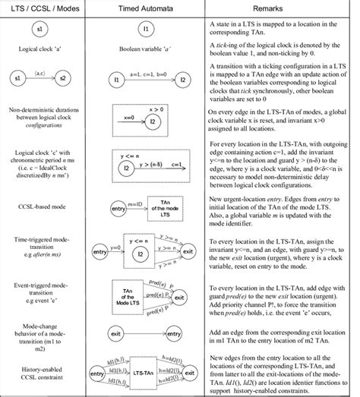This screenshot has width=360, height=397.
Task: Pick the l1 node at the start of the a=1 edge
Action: point(117,79)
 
